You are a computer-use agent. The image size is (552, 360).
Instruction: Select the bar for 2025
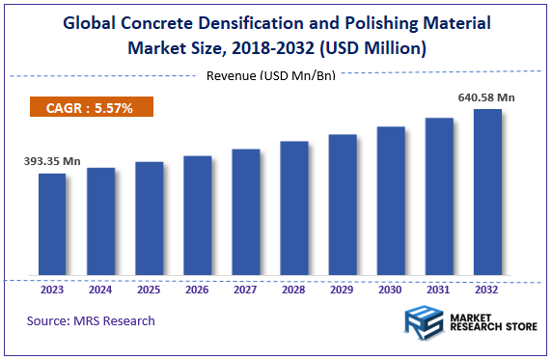click(x=149, y=220)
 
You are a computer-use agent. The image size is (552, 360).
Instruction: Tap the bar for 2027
click(x=245, y=213)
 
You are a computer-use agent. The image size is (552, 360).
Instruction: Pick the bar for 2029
click(x=342, y=207)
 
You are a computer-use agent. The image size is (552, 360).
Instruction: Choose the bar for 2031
click(x=439, y=198)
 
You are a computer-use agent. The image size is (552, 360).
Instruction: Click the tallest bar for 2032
click(x=487, y=193)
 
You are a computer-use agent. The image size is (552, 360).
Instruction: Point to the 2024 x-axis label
click(x=100, y=290)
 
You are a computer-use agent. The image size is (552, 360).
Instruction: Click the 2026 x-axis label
click(x=197, y=290)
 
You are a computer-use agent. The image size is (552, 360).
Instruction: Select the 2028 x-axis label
click(x=293, y=290)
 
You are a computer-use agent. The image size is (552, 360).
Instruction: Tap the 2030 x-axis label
click(x=390, y=290)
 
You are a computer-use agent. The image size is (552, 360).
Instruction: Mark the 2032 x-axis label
click(x=487, y=290)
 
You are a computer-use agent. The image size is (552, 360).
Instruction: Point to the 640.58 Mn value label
click(x=486, y=97)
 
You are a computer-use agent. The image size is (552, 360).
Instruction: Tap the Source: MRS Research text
click(x=91, y=320)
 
